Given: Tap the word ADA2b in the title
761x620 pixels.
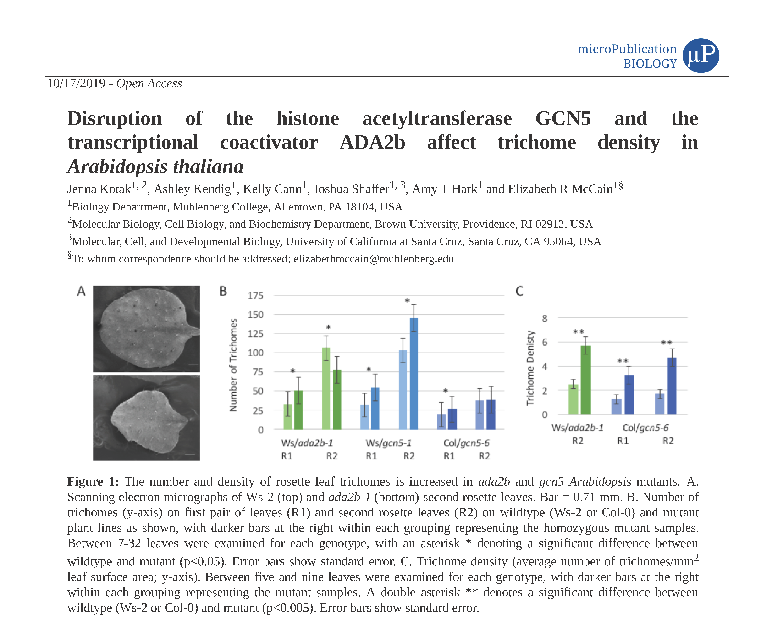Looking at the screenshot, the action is point(372,143).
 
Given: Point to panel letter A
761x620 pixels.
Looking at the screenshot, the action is point(81,291).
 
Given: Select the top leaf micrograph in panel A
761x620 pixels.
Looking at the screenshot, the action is point(146,329).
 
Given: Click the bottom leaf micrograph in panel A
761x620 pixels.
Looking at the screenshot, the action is point(146,418).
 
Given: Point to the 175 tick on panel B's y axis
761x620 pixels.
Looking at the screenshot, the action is point(255,296).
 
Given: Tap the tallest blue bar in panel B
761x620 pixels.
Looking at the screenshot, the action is point(414,374).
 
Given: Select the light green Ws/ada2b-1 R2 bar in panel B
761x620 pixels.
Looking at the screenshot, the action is point(326,388).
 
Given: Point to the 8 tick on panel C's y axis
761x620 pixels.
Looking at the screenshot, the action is point(544,318).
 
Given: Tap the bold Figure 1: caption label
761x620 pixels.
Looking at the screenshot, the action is point(93,482).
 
